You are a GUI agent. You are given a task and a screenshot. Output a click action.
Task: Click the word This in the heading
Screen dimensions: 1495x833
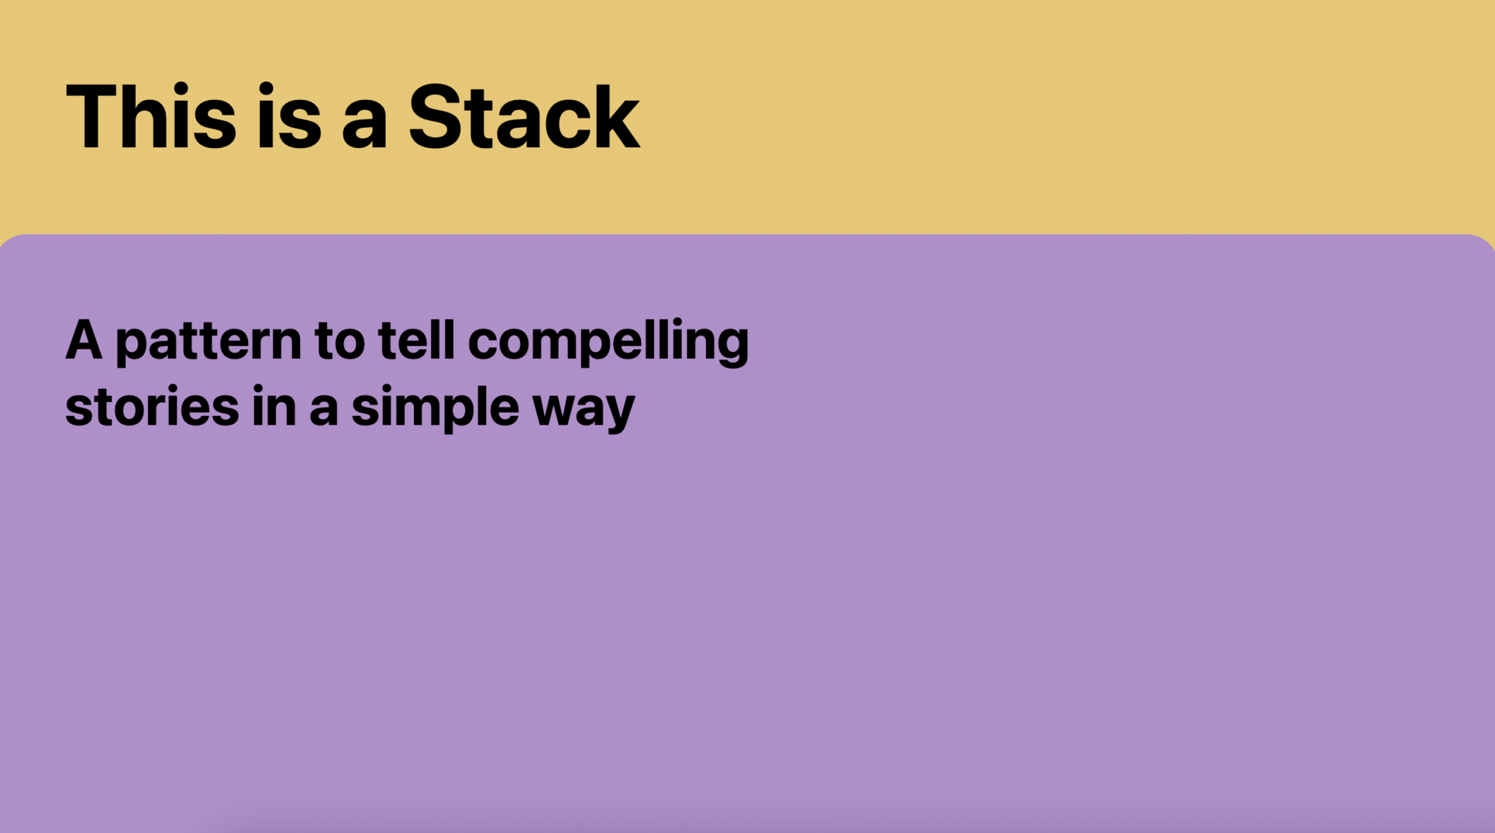coord(151,117)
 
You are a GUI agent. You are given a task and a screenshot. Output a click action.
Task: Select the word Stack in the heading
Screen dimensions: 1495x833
coord(524,117)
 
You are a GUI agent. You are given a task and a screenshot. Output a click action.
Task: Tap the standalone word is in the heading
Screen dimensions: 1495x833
coord(288,117)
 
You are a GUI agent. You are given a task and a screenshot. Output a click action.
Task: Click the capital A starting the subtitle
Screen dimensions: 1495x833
coord(84,340)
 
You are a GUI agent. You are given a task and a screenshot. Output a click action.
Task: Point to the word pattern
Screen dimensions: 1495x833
coord(208,342)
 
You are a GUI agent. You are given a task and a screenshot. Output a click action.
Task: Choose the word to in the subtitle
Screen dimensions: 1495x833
coord(339,342)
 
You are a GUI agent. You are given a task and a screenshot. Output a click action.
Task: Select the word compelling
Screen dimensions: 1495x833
coord(608,342)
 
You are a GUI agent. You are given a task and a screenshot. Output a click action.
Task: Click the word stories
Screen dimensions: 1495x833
coord(152,407)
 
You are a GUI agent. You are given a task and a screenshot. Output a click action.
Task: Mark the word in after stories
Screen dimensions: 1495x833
coord(274,406)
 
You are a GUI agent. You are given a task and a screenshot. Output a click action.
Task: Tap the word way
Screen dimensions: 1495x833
coord(584,411)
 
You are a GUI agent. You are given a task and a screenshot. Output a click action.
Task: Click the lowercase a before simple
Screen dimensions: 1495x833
coord(324,411)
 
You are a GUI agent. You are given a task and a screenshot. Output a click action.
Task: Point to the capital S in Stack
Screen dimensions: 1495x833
coord(433,116)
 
